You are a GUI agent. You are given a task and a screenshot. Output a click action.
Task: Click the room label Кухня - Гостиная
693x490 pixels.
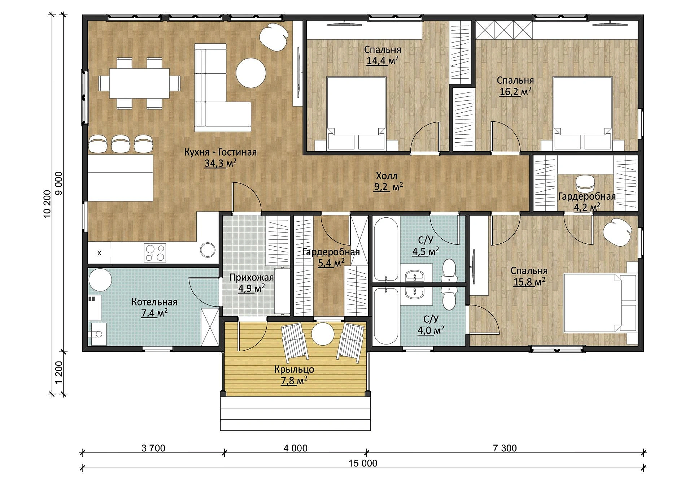tap(220, 152)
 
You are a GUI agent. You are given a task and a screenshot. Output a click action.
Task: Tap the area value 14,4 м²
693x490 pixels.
tap(383, 60)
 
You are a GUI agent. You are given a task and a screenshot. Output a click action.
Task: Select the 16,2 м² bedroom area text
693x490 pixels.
tap(515, 91)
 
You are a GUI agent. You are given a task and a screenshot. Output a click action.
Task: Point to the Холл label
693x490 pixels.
tap(387, 176)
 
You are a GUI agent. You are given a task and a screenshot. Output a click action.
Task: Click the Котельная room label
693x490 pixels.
tap(154, 302)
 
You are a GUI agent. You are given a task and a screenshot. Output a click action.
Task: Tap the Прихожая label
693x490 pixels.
tap(252, 278)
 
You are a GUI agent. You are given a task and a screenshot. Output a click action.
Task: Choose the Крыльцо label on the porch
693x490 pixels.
tap(294, 369)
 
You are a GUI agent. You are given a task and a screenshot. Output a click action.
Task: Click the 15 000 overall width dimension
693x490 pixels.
tap(363, 463)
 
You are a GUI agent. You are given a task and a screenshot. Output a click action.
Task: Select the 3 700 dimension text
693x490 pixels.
tap(153, 448)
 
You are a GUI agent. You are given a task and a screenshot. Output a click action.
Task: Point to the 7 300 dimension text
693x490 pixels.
tap(505, 448)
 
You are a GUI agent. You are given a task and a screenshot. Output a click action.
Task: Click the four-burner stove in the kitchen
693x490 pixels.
tap(155, 252)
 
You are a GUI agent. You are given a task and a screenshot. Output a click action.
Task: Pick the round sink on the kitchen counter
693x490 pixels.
tap(208, 250)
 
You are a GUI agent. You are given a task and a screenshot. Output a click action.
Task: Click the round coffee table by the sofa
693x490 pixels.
tap(251, 73)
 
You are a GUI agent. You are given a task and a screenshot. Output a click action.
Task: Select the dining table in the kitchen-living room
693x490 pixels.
tap(139, 83)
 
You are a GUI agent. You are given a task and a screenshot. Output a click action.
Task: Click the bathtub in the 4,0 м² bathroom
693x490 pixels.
tap(386, 316)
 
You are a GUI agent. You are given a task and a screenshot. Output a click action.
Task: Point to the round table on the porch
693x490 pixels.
tap(322, 334)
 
